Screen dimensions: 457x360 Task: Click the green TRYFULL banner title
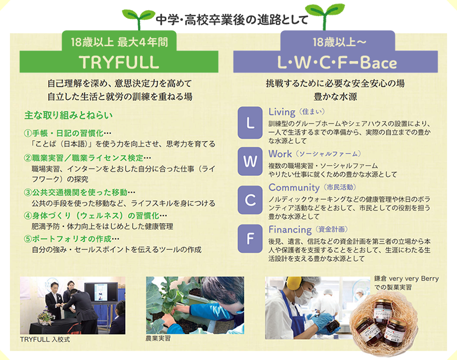119,62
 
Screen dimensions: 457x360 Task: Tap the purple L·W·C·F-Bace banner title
337,63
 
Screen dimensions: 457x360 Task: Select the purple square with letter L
250,123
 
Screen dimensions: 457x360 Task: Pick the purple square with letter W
250,161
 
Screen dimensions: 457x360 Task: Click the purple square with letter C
250,200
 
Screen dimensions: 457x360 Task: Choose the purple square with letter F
250,238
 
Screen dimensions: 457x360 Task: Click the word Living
282,112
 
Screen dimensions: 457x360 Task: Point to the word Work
280,154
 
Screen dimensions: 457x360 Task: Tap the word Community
294,188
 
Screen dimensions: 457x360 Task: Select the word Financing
290,230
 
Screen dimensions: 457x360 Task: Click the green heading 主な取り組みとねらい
69,115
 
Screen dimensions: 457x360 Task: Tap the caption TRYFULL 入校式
45,339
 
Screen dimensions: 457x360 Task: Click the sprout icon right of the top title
325,15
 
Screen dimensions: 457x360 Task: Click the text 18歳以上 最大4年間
119,42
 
